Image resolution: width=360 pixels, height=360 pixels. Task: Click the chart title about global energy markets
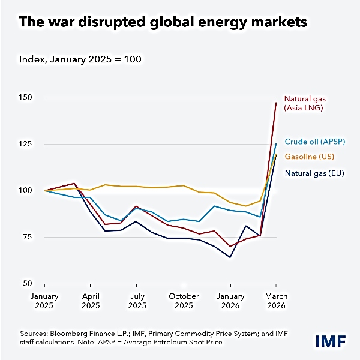coord(163,23)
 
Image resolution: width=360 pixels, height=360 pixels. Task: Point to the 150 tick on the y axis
coord(27,97)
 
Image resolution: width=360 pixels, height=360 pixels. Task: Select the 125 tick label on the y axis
coord(27,144)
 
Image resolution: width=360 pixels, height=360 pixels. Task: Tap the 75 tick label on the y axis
coord(29,237)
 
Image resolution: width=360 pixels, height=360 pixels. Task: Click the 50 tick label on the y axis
coord(29,283)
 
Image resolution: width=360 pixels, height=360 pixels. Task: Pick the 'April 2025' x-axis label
coord(91,301)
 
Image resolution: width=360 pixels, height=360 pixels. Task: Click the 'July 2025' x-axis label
coord(137,301)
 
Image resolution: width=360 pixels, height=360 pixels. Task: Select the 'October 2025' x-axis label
coord(184,301)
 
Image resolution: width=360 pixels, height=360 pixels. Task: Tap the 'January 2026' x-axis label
coord(230,301)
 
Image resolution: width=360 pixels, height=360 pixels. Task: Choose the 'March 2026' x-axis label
coord(275,301)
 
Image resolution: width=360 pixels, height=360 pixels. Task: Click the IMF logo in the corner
coord(330,341)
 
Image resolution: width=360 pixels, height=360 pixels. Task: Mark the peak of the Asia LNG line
coord(275,103)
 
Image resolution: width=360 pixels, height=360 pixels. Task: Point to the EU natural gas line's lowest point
coord(230,257)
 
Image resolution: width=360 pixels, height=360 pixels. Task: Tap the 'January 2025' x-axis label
coord(45,301)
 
